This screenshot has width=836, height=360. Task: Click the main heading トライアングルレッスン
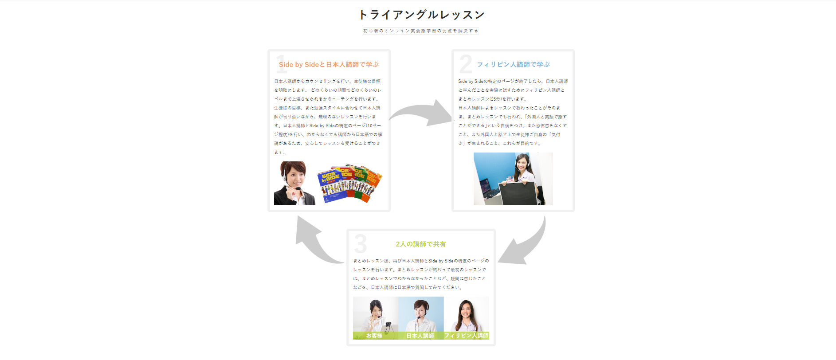(x=421, y=15)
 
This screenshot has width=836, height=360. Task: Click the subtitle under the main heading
(x=420, y=31)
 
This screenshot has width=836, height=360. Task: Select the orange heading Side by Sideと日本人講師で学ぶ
(x=329, y=65)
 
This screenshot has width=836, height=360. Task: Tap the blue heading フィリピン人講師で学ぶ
(x=513, y=65)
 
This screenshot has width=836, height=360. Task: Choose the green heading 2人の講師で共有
(x=421, y=244)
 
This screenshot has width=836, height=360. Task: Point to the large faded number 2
(x=465, y=64)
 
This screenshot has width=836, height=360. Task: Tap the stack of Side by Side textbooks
(x=349, y=183)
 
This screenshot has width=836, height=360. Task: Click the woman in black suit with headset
(x=293, y=184)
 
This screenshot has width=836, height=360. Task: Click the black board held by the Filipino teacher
(x=518, y=193)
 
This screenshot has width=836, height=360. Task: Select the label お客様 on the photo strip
(x=374, y=336)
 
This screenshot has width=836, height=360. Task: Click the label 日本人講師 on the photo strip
(x=420, y=336)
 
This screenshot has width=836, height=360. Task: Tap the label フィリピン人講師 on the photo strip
(x=466, y=336)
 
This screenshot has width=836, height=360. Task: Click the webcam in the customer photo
(x=389, y=327)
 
